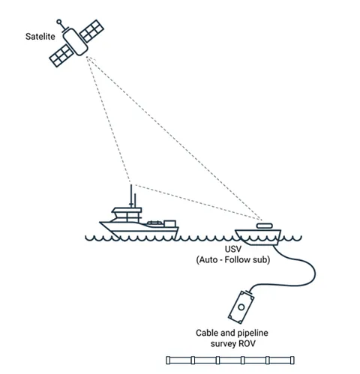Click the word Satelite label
point(40,37)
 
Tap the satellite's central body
point(75,42)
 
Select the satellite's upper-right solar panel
point(91,31)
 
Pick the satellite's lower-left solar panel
point(61,55)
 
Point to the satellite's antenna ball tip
point(59,22)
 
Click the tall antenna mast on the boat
point(131,196)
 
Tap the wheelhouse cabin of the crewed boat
point(126,215)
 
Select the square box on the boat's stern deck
point(170,223)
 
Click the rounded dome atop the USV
point(264,226)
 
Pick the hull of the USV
point(258,237)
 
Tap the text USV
point(233,249)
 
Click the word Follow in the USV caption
point(238,260)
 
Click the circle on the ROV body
point(241,307)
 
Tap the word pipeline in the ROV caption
point(253,334)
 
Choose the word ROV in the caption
point(247,344)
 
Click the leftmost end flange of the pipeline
point(168,360)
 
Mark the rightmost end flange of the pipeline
point(292,360)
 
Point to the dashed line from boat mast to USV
point(197,202)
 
